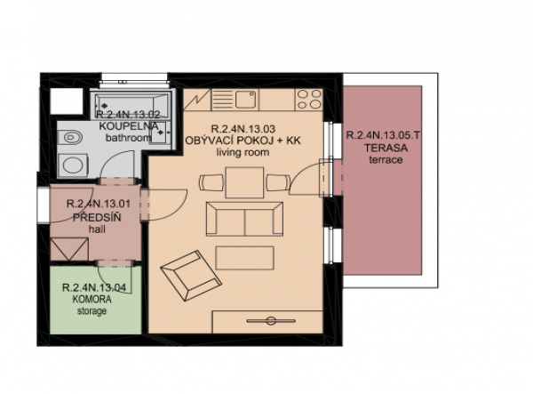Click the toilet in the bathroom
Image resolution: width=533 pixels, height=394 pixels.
[71, 138]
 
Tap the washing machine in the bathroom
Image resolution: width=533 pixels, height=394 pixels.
[73, 165]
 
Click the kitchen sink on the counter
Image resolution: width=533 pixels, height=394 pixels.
[245, 99]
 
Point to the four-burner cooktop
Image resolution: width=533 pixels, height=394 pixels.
[308, 100]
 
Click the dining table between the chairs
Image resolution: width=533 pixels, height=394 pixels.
[244, 182]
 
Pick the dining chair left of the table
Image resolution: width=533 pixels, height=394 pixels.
[211, 182]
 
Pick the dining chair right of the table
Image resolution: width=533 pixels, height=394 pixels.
[277, 182]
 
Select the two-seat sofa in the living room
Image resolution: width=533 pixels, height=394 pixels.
[244, 219]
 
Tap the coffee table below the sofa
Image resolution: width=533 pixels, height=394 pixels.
[244, 258]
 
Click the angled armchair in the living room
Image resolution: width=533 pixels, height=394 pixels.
[191, 276]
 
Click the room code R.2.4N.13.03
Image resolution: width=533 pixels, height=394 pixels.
[243, 129]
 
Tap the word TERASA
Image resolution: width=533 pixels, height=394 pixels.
[386, 148]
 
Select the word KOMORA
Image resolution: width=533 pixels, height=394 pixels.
[91, 300]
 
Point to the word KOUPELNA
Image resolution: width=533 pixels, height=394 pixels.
[129, 126]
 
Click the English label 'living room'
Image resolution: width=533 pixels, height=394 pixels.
[243, 152]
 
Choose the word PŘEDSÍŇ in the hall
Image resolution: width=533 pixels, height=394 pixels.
[97, 217]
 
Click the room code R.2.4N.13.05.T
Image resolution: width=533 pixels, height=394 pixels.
[383, 135]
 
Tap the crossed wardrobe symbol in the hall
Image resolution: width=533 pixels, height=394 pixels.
[69, 249]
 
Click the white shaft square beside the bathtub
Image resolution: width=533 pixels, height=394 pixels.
[67, 101]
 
